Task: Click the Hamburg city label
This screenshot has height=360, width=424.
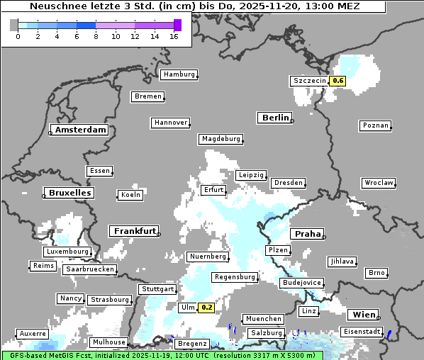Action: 178,74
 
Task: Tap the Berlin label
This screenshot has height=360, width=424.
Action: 275,118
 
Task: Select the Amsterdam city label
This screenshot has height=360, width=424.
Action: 80,130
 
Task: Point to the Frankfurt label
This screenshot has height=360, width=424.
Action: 134,231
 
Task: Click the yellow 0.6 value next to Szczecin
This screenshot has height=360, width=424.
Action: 337,81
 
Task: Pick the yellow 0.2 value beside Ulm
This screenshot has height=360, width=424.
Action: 206,308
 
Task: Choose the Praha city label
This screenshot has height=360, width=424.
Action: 307,234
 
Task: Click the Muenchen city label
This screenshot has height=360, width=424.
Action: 262,319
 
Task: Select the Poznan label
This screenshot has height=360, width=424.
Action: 375,125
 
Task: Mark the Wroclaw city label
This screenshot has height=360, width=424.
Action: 378,183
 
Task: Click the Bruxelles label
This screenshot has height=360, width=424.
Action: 69,193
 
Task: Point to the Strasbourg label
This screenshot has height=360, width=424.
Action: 109,300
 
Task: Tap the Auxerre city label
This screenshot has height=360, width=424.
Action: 33,333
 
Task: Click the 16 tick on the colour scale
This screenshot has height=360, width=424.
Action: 173,36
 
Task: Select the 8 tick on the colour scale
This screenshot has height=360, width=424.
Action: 96,36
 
